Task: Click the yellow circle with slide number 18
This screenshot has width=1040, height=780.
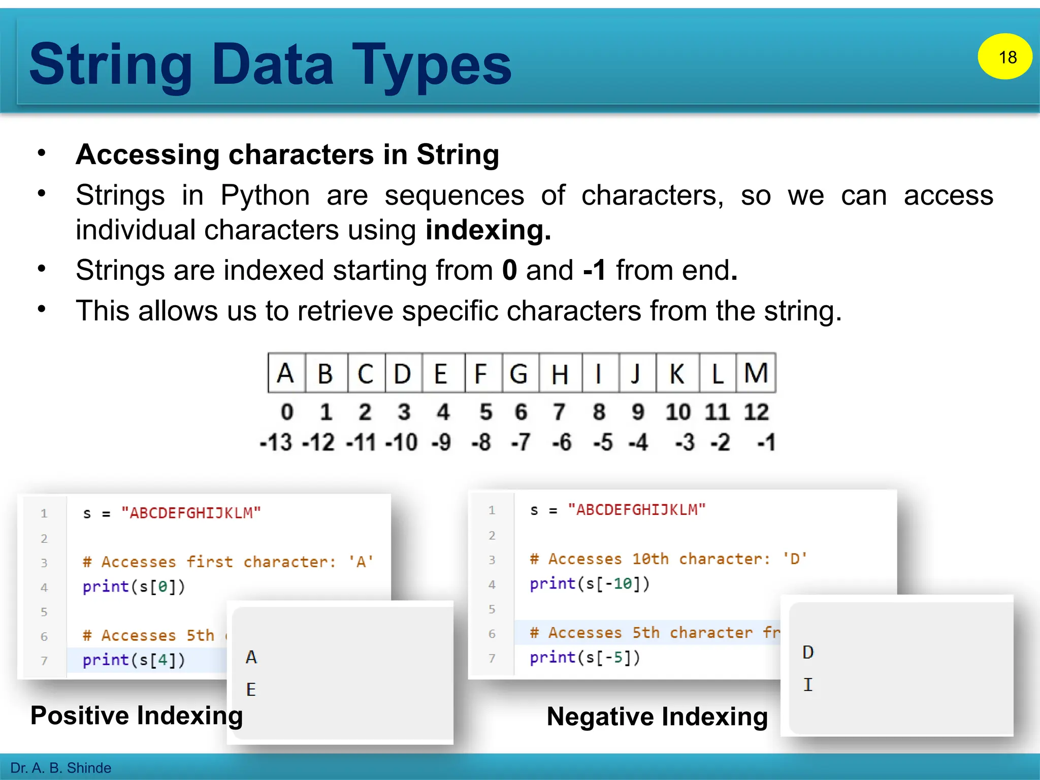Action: (1004, 56)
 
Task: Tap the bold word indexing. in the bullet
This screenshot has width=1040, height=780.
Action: (488, 230)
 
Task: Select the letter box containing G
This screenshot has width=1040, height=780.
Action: (519, 373)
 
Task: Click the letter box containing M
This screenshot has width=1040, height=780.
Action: (756, 373)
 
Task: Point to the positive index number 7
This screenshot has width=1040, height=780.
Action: (559, 412)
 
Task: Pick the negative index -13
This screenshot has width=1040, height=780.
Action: (276, 442)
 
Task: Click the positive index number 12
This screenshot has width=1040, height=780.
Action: (756, 412)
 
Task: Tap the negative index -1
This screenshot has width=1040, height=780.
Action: (766, 442)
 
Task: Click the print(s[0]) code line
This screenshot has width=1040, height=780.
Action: (134, 587)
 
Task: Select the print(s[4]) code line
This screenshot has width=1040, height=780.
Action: (134, 660)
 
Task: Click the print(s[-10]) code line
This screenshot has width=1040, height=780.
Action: (590, 583)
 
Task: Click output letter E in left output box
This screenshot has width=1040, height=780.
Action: (251, 690)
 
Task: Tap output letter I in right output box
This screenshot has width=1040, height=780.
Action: (808, 685)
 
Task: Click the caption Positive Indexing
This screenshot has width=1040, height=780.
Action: (137, 716)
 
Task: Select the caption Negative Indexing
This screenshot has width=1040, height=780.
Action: (657, 717)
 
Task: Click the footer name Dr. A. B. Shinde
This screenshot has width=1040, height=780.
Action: (60, 768)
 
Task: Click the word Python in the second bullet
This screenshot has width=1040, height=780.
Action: (265, 196)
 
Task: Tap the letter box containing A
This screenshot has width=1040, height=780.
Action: (286, 373)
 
